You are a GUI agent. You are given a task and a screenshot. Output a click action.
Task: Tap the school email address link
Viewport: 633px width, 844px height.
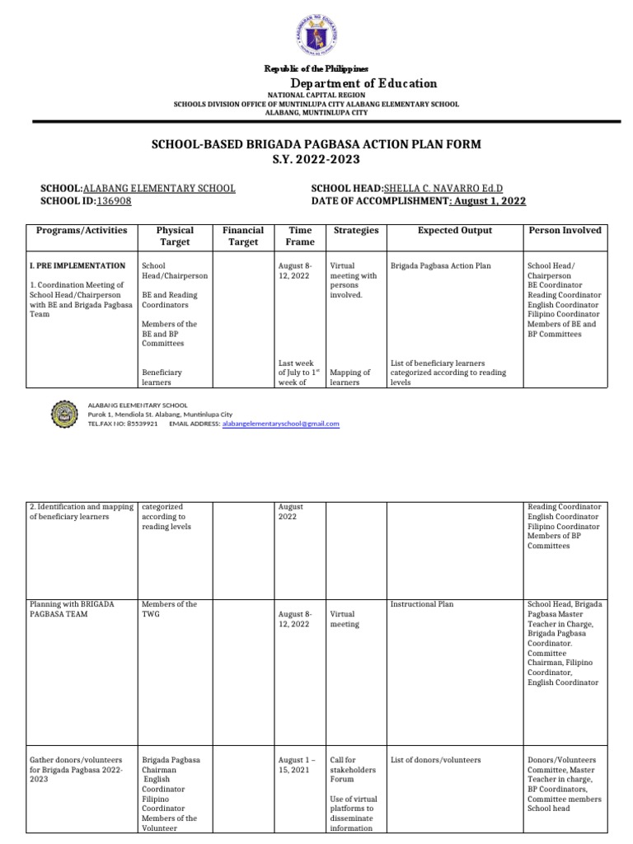(x=281, y=424)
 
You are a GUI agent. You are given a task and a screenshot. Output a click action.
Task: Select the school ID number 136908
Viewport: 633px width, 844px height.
(x=114, y=200)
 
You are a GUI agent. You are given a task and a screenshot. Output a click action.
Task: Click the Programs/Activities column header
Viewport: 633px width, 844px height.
(x=82, y=231)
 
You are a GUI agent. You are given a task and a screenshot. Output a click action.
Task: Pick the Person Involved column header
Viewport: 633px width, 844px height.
(x=565, y=231)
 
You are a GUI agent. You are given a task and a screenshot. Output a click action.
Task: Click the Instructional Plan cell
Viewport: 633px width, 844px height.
(x=421, y=604)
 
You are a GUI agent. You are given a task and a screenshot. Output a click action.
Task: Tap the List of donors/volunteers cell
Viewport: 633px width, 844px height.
(x=434, y=759)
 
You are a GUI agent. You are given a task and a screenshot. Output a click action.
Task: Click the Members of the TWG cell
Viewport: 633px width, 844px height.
(x=170, y=609)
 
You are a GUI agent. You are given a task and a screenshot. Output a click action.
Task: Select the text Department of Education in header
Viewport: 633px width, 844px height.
(x=363, y=83)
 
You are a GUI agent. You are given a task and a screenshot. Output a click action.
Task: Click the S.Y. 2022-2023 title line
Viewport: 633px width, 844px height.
(x=316, y=159)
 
